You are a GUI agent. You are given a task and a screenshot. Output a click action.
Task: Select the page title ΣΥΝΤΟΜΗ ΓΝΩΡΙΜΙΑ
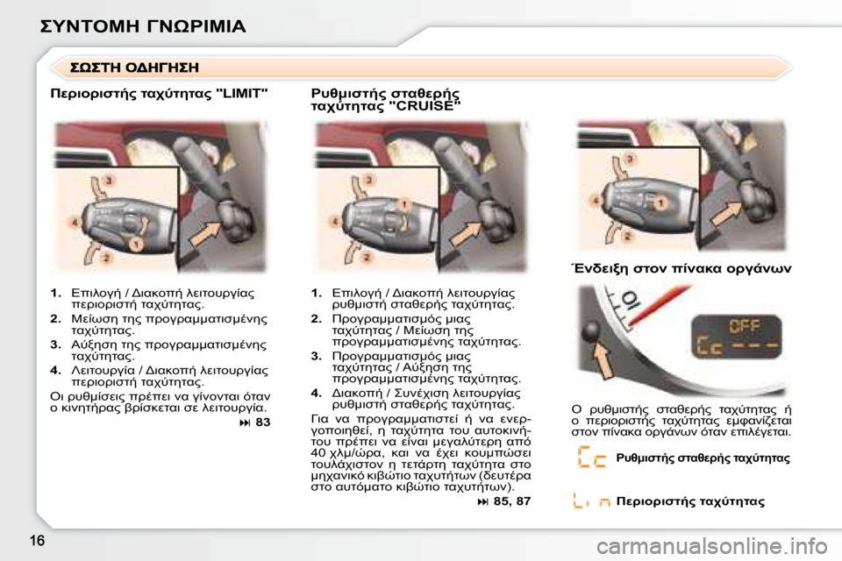[x=143, y=25]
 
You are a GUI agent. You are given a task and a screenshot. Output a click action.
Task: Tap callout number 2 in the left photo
[x=106, y=258]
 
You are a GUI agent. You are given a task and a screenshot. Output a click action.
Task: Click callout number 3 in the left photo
[x=109, y=179]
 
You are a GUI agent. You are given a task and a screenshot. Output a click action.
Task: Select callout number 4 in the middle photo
[x=334, y=223]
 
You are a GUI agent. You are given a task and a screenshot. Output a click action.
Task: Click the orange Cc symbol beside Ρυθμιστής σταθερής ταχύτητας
[x=593, y=458]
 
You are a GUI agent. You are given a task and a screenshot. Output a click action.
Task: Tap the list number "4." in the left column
[x=56, y=373]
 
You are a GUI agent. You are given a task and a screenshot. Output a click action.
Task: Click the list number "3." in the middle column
[x=317, y=357]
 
